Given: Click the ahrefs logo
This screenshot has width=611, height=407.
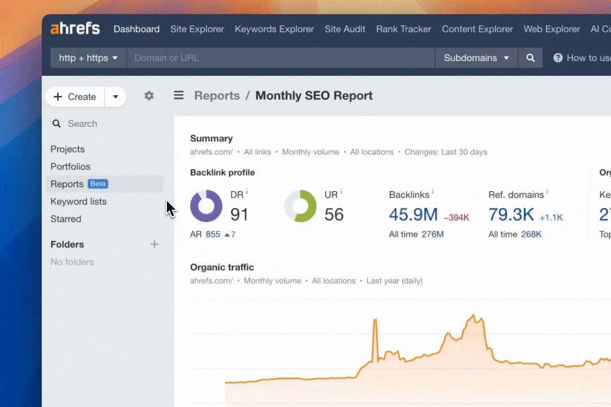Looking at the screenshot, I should [75, 29].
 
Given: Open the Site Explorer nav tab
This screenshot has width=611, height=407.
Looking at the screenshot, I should [197, 29].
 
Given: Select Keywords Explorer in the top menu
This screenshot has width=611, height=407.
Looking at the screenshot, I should [274, 29].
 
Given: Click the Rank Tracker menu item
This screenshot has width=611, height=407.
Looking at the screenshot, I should [403, 29].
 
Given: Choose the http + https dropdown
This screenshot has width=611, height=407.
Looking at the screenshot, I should [88, 58].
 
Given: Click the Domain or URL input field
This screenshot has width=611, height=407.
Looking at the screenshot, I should [280, 58].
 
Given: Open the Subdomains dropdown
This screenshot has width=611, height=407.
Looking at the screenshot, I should [476, 58].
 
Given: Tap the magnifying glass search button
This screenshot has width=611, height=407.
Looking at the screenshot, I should [530, 58].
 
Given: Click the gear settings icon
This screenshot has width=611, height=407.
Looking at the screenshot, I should [149, 96].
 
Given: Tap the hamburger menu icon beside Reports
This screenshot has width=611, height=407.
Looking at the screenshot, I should [179, 96].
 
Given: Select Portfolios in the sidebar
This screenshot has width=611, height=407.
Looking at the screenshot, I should [70, 167].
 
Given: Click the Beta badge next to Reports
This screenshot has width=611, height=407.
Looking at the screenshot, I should [98, 184].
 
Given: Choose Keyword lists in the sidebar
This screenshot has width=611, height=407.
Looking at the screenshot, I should [78, 201].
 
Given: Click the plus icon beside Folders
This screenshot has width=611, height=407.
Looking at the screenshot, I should [154, 244].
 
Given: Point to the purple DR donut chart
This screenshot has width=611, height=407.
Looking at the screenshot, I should [206, 206].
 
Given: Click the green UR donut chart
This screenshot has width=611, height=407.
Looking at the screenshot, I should [300, 206].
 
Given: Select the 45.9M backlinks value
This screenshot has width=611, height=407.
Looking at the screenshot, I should [413, 215].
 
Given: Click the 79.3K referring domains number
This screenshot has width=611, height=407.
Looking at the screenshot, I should [511, 215].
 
